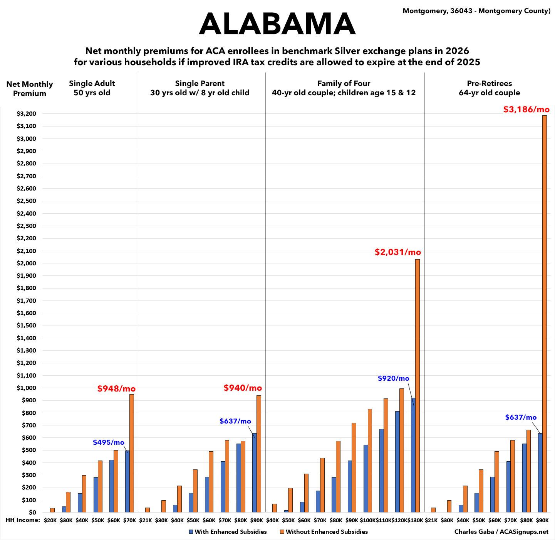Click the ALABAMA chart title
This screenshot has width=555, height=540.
(x=277, y=24)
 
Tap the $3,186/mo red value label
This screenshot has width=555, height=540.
(x=526, y=110)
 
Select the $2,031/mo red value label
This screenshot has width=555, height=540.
(x=398, y=252)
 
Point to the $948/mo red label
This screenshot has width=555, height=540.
(x=116, y=389)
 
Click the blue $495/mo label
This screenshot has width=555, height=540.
(x=109, y=442)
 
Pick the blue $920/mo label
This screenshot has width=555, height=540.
(x=393, y=378)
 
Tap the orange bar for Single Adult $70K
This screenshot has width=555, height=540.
(x=132, y=453)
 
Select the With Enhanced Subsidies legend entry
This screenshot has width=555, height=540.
(x=228, y=532)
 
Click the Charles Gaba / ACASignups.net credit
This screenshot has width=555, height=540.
(x=501, y=532)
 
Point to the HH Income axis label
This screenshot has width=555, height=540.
(x=23, y=520)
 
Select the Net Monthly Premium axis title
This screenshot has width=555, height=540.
(x=29, y=89)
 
